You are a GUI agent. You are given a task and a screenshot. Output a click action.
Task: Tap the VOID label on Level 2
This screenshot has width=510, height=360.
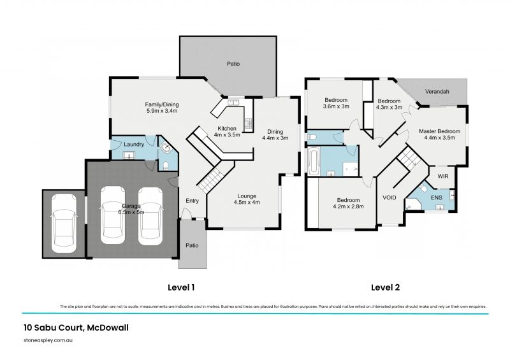pyautogui.click(x=389, y=198)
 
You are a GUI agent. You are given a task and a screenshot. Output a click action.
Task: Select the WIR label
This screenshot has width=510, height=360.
pyautogui.click(x=442, y=174)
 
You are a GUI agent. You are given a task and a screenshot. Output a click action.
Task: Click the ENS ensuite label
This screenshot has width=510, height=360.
pyautogui.click(x=436, y=198)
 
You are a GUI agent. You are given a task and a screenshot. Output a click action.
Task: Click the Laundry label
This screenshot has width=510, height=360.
pyautogui.click(x=133, y=144)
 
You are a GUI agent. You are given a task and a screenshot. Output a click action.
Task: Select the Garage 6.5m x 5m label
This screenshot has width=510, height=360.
pyautogui.click(x=131, y=210)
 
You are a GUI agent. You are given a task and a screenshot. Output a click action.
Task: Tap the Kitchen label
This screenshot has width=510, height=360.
pyautogui.click(x=226, y=132)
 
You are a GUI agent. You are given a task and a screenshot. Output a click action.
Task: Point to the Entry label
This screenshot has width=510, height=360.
pyautogui.click(x=192, y=201)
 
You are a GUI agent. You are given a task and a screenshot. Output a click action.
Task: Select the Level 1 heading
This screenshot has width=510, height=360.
pyautogui.click(x=180, y=287)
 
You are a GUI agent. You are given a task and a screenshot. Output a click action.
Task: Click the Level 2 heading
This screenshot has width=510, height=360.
pyautogui.click(x=385, y=287)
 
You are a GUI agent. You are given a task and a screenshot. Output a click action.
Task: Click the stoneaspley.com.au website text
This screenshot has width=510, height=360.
pyautogui.click(x=48, y=341)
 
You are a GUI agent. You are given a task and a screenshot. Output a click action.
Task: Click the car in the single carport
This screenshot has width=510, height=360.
pyautogui.click(x=63, y=223)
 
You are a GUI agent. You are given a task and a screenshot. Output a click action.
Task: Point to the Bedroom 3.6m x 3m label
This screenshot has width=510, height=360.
pyautogui.click(x=336, y=103)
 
